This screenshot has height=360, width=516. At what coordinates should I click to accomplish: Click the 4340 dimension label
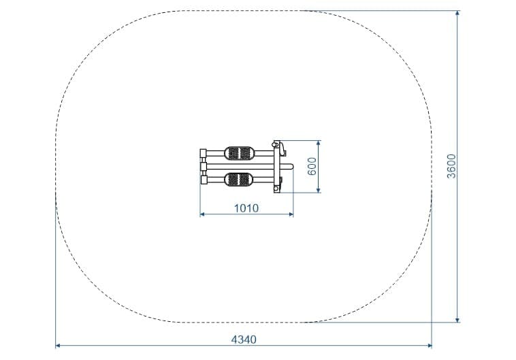point(244,340)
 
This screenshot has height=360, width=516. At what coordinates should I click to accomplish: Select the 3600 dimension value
point(451,166)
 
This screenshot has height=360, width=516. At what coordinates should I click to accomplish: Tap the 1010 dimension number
point(246,208)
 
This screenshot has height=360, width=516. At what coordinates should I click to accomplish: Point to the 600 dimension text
point(312,166)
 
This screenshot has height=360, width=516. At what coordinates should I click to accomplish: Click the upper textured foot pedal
point(239,153)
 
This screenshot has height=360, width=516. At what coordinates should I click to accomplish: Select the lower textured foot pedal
point(239,180)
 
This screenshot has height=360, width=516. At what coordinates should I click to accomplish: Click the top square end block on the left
point(203,153)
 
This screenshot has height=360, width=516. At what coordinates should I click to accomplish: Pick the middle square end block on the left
point(203,166)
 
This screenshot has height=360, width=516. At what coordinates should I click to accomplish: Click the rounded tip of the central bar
point(291,167)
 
